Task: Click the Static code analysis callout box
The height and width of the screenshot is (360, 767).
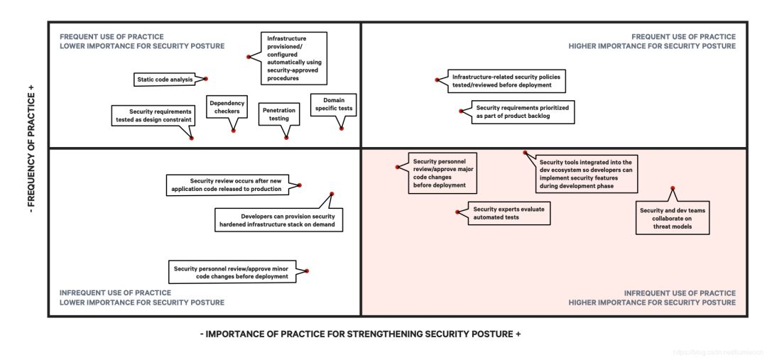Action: click(x=165, y=80)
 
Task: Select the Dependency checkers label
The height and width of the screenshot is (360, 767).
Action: click(x=227, y=107)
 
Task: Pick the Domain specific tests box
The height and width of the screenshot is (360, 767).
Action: click(x=333, y=104)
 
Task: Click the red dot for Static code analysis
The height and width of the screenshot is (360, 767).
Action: click(x=206, y=79)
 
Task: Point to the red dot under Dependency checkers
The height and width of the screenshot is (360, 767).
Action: click(x=233, y=131)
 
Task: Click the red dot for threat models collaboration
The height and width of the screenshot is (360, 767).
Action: click(x=672, y=188)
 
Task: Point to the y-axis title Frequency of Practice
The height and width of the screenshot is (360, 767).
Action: click(x=31, y=150)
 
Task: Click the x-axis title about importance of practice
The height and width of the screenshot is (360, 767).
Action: click(x=361, y=334)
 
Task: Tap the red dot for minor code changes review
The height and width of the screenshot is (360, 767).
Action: click(x=307, y=271)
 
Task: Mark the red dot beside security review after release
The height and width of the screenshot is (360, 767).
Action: click(x=300, y=185)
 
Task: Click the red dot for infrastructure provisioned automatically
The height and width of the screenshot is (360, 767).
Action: click(x=248, y=57)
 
